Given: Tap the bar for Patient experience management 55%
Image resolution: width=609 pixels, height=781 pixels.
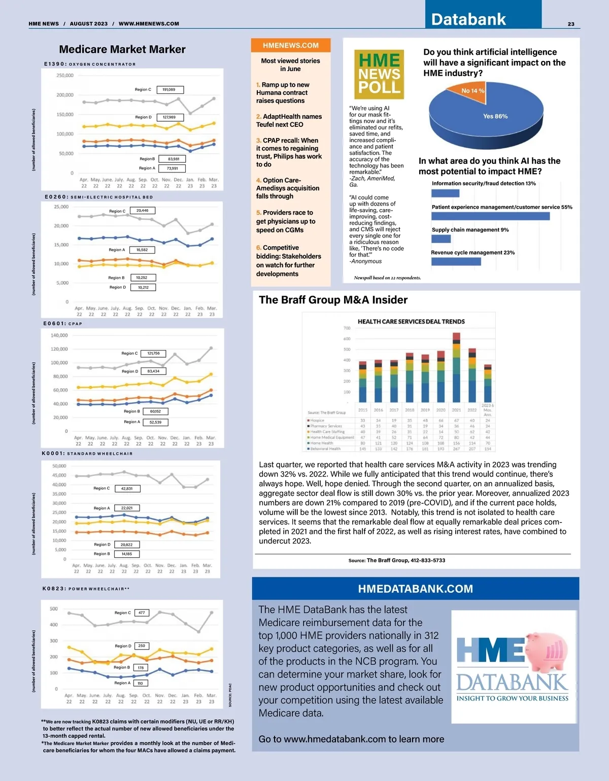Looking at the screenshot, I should point(490,216).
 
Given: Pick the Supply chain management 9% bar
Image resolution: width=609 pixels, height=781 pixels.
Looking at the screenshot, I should point(441,239).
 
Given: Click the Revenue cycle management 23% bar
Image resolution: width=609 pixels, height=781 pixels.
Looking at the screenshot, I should point(456,261).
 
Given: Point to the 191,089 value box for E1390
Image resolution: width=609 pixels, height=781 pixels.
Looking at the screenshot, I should point(170,90).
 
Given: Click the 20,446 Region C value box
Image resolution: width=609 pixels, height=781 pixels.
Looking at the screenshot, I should point(143,211).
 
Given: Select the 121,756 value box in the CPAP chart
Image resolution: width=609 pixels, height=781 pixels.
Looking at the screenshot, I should point(153,353).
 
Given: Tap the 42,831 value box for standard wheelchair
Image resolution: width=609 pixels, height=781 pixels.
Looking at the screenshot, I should point(127,489).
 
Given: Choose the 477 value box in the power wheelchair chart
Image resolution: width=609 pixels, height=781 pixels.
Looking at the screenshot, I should point(142,613).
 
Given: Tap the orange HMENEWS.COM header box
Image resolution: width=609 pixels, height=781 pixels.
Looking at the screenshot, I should point(291,45).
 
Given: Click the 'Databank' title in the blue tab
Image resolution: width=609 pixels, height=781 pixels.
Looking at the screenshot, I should point(468,19).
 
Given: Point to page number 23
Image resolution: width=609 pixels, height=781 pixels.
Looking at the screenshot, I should point(571,24).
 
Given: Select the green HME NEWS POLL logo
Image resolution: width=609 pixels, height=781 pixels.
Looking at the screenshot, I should point(380,74).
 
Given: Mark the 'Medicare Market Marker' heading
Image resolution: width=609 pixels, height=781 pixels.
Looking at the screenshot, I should point(122,49).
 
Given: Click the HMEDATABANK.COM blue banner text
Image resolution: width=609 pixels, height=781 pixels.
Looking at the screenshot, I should point(415,589).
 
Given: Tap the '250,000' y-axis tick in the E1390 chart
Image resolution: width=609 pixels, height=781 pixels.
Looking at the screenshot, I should point(64,76).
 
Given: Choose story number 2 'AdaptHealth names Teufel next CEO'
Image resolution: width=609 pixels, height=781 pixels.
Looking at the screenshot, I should point(289,120).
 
